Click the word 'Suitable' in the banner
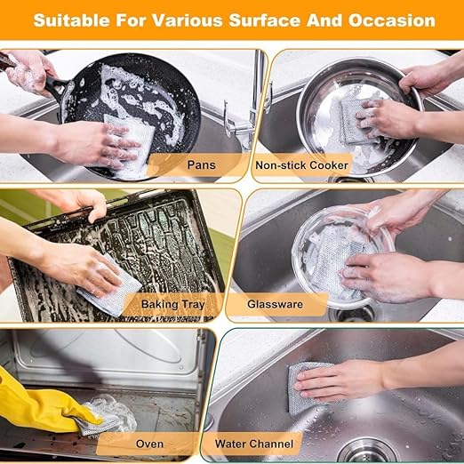tap(71, 20)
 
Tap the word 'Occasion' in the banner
tap(391, 20)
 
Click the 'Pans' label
tap(201, 164)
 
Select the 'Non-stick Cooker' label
tap(301, 165)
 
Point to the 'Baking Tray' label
tap(173, 304)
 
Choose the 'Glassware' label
tap(275, 304)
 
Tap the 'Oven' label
tap(149, 444)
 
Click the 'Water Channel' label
tap(254, 444)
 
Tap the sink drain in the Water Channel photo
tap(367, 451)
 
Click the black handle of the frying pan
tap(56, 84)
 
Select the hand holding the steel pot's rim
tap(427, 77)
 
